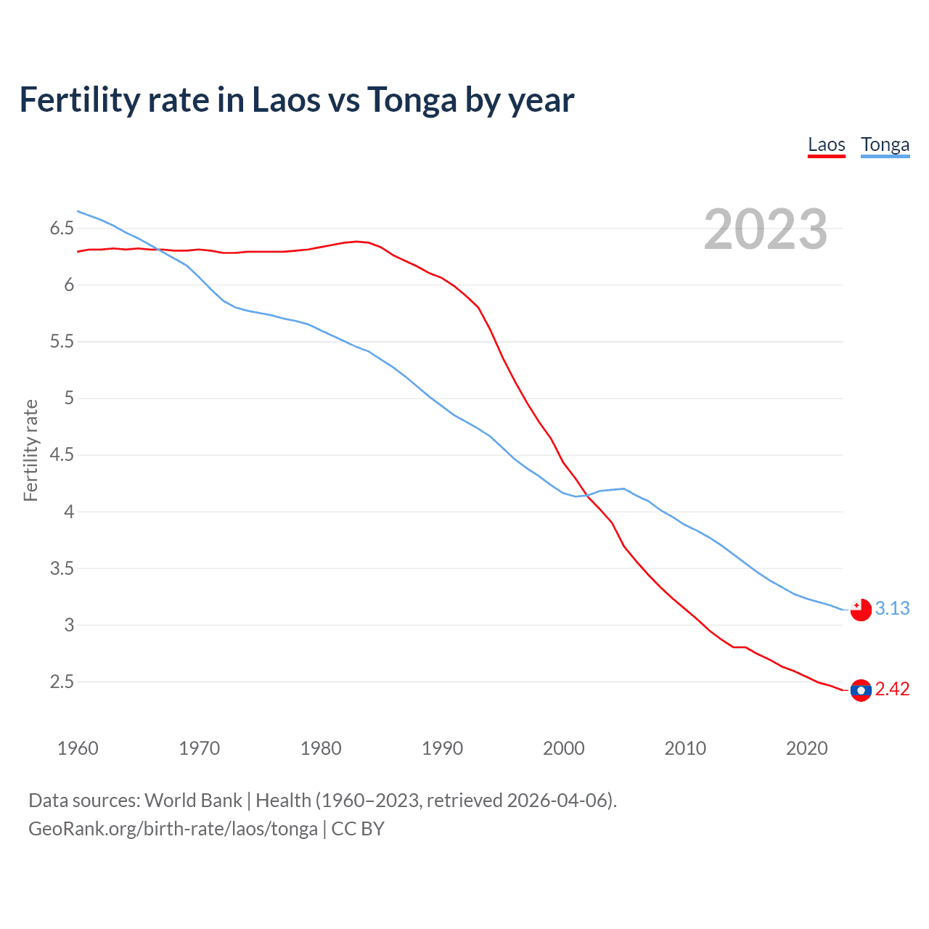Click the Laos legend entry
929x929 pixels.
tap(827, 144)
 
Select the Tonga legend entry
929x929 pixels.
tap(885, 144)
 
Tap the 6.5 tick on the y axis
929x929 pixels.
tap(62, 229)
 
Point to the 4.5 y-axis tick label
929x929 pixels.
tap(62, 455)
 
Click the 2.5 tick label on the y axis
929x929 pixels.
tap(62, 682)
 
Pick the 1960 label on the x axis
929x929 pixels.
tap(78, 748)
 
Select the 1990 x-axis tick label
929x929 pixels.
tap(442, 748)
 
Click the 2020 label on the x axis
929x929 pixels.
tap(806, 748)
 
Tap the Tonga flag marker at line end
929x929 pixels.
tap(861, 610)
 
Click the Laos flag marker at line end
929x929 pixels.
tap(861, 690)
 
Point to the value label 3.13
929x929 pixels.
tap(892, 608)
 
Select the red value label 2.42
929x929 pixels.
tap(892, 689)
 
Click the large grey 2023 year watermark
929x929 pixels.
tap(766, 229)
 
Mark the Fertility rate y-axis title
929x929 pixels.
tap(30, 450)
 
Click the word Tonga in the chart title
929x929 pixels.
tap(412, 100)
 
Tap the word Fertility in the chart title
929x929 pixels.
tap(79, 100)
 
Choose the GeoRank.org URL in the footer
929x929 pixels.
tap(173, 829)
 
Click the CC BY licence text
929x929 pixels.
tap(358, 829)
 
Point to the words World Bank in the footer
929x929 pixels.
tap(193, 801)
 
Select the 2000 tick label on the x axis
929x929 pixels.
tap(563, 748)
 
